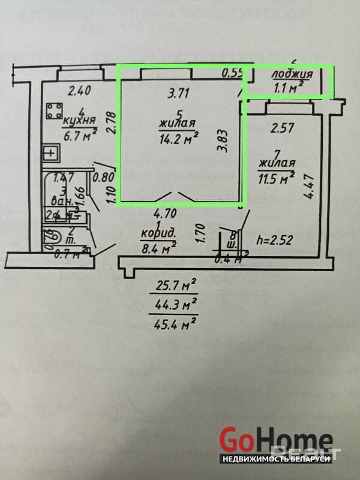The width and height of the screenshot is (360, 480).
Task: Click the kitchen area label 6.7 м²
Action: coord(80,136)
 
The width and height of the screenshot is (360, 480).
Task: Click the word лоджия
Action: coord(292,75)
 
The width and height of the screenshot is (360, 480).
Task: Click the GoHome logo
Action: coord(275,439)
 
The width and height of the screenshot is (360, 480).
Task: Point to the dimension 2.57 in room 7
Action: coord(282,128)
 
